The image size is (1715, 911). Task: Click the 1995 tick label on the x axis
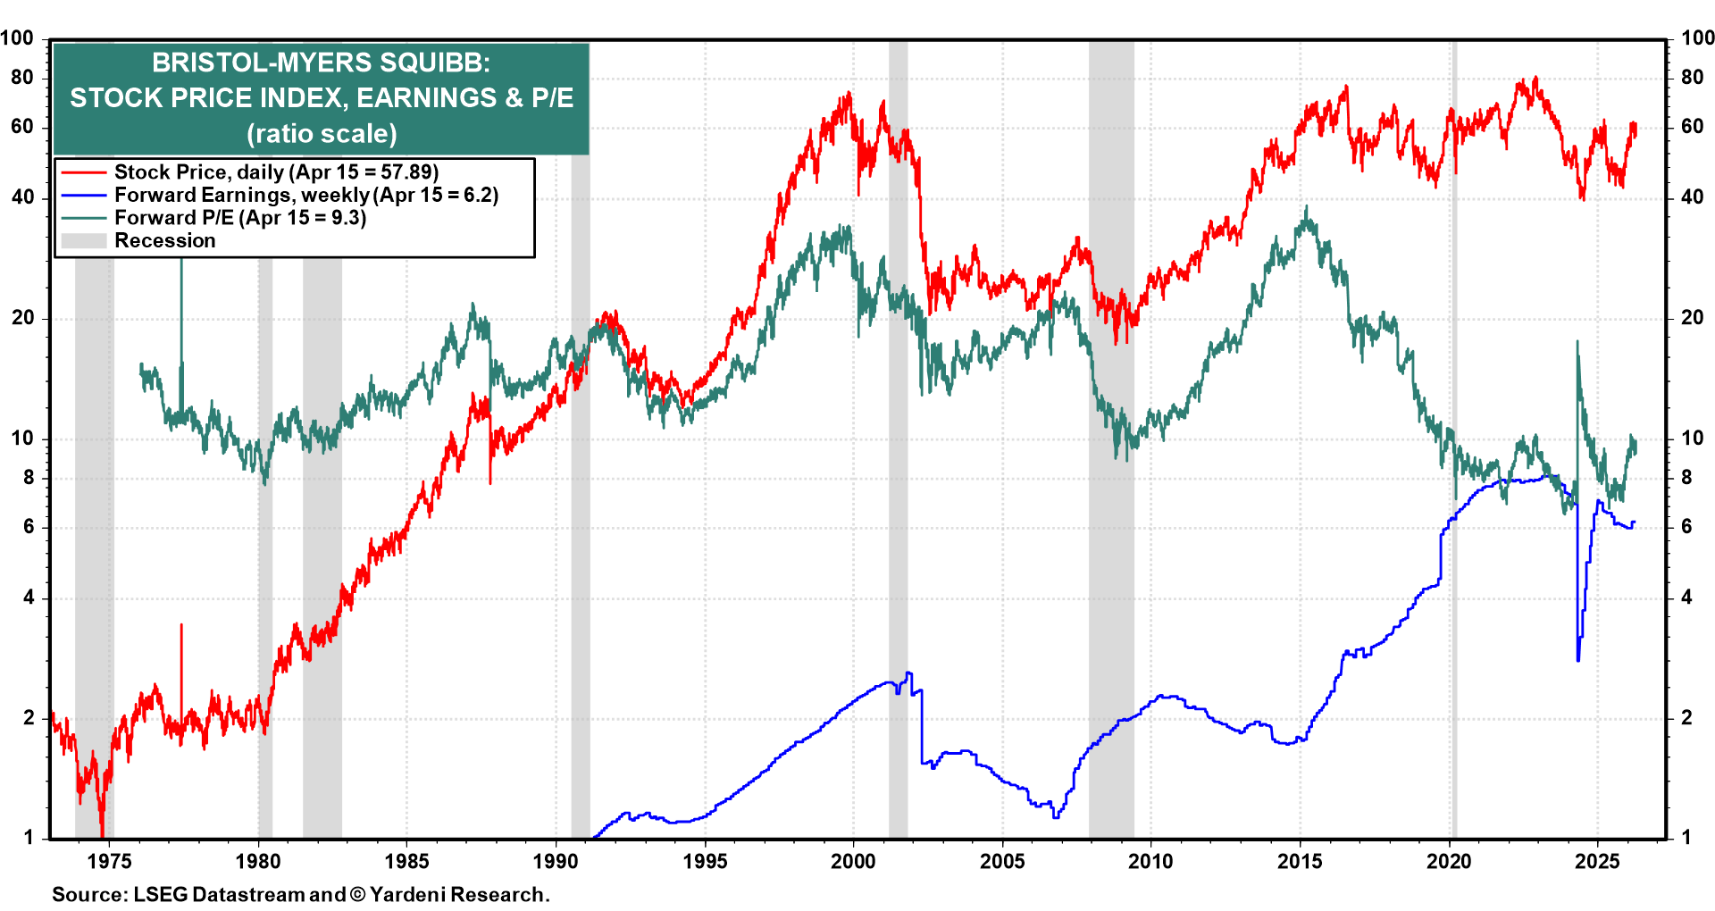pyautogui.click(x=705, y=862)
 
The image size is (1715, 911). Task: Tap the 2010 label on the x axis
pyautogui.click(x=1150, y=862)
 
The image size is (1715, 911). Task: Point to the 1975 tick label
pyautogui.click(x=110, y=862)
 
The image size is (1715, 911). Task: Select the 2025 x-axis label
pyautogui.click(x=1596, y=862)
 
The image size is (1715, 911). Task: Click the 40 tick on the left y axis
pyautogui.click(x=22, y=197)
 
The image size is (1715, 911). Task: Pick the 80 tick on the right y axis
pyautogui.click(x=1692, y=78)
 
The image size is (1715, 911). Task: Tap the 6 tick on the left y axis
pyautogui.click(x=29, y=527)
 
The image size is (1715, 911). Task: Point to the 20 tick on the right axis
pyautogui.click(x=1692, y=318)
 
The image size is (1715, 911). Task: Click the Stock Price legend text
pyautogui.click(x=276, y=172)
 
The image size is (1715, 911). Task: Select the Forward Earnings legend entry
pyautogui.click(x=305, y=196)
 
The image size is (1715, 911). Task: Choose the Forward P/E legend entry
pyautogui.click(x=239, y=218)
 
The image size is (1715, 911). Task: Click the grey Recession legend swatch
pyautogui.click(x=84, y=241)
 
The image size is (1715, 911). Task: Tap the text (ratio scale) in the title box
pyautogui.click(x=322, y=134)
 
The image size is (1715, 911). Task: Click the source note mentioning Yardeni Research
pyautogui.click(x=300, y=894)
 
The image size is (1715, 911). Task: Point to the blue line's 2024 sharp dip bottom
pyautogui.click(x=1578, y=659)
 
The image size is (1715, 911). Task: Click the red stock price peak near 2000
pyautogui.click(x=847, y=93)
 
